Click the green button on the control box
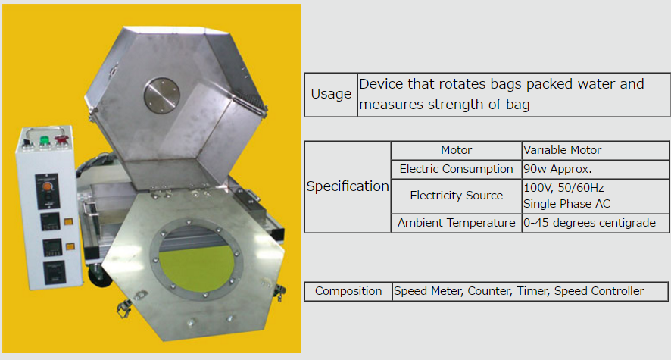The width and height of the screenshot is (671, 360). tap(45, 140)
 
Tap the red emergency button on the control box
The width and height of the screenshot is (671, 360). tap(61, 139)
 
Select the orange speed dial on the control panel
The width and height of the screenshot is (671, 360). tap(48, 186)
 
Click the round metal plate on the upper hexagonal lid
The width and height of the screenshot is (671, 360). tap(161, 95)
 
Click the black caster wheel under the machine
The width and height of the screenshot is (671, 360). tap(100, 276)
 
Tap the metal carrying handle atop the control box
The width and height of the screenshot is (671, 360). tap(45, 131)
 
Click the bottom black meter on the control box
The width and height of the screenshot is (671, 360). tap(55, 272)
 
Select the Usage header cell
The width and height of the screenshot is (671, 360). tap(331, 95)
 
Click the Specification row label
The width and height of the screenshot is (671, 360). tap(348, 186)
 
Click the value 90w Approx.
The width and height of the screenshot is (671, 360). tap(557, 169)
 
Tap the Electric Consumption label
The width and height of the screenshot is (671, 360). tap(456, 169)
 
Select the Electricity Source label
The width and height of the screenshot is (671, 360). tap(456, 196)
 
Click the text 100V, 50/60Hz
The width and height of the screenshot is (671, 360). tap(563, 188)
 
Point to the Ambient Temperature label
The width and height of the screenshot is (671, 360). tap(456, 223)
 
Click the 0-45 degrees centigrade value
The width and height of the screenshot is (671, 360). tap(590, 223)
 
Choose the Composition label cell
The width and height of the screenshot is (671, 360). tap(348, 291)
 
